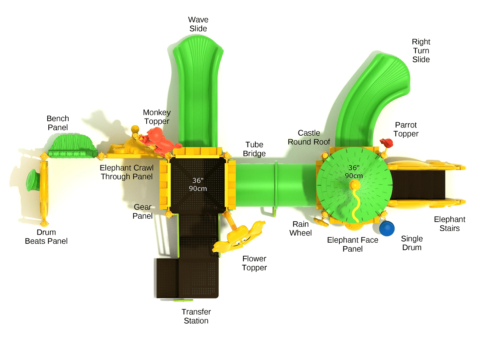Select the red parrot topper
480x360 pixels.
click(x=386, y=143)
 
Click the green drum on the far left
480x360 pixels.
click(x=32, y=180)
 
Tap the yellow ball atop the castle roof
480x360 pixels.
click(x=354, y=185)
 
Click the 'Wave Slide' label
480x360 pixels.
click(x=198, y=24)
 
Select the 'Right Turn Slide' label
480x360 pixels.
click(x=421, y=51)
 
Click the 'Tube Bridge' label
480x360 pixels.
click(x=254, y=149)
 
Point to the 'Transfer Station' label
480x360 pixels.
click(x=196, y=316)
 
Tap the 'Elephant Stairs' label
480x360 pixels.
click(x=449, y=224)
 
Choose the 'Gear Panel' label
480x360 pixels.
click(x=142, y=211)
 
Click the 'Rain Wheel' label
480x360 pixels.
click(x=300, y=228)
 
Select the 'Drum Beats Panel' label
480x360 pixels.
click(x=46, y=237)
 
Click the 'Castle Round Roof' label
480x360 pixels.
click(x=309, y=137)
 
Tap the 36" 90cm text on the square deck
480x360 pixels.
click(x=198, y=184)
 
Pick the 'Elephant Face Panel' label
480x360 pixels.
click(x=352, y=244)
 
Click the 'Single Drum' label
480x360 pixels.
click(x=412, y=243)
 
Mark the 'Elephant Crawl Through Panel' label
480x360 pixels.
click(x=127, y=172)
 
